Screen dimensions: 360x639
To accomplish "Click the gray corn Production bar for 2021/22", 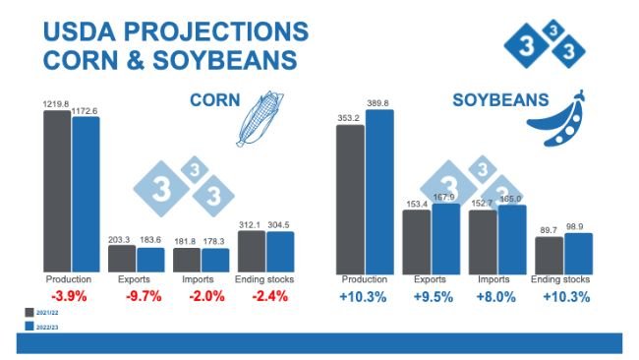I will [x=56, y=191].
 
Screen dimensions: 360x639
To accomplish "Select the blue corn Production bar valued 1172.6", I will [x=86, y=195].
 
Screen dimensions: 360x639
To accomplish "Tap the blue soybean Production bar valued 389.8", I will [x=378, y=191].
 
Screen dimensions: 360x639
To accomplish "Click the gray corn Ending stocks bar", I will [x=251, y=252].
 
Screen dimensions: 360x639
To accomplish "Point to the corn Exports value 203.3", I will [x=121, y=238].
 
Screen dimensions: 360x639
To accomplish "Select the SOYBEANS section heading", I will [x=499, y=100].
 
